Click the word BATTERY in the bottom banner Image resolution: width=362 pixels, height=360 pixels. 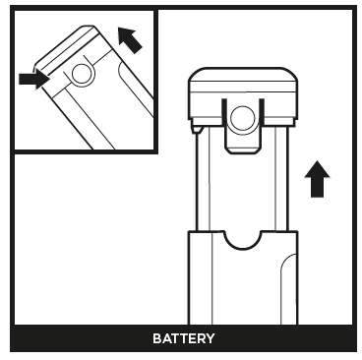(183, 338)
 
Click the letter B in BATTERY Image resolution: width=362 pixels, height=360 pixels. (156, 338)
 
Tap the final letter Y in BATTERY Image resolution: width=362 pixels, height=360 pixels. (210, 338)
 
